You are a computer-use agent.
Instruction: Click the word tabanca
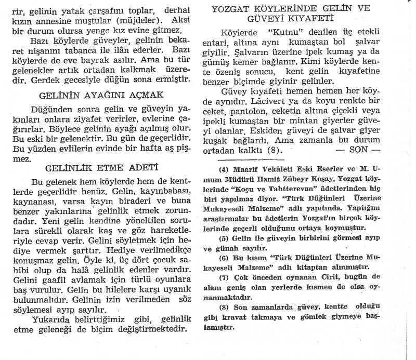coord(120,55)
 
